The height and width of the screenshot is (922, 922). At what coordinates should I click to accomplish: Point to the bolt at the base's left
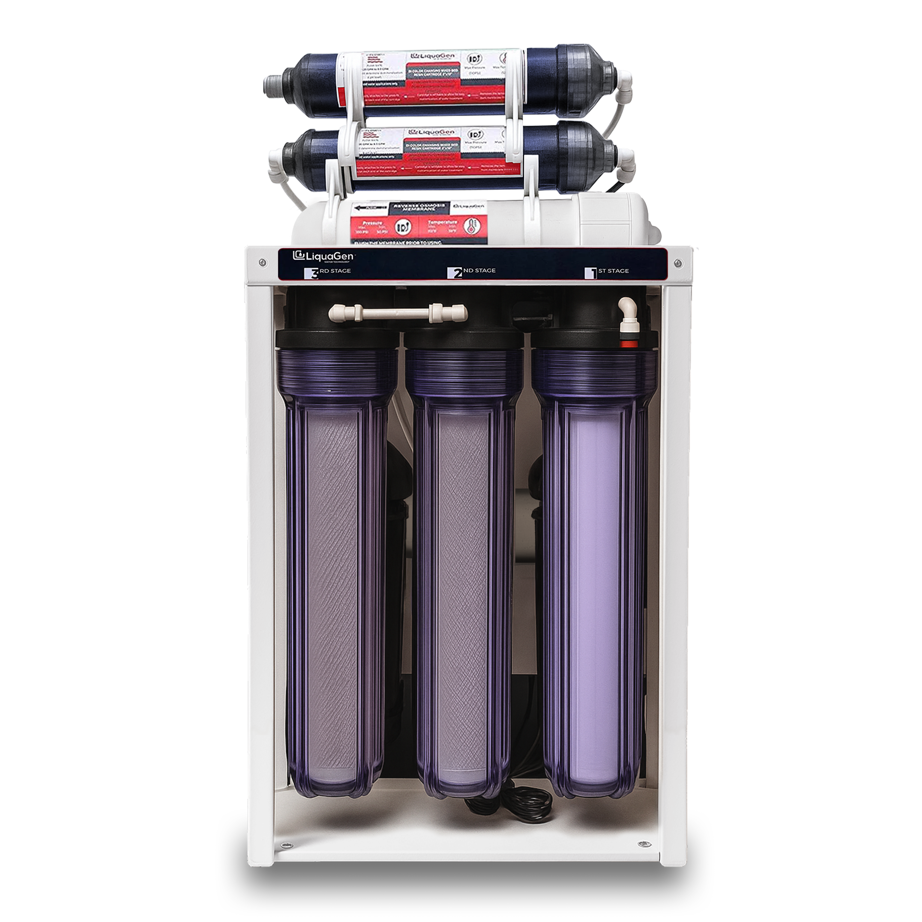(286, 845)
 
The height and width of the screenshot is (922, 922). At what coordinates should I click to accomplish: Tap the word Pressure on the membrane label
(372, 222)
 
